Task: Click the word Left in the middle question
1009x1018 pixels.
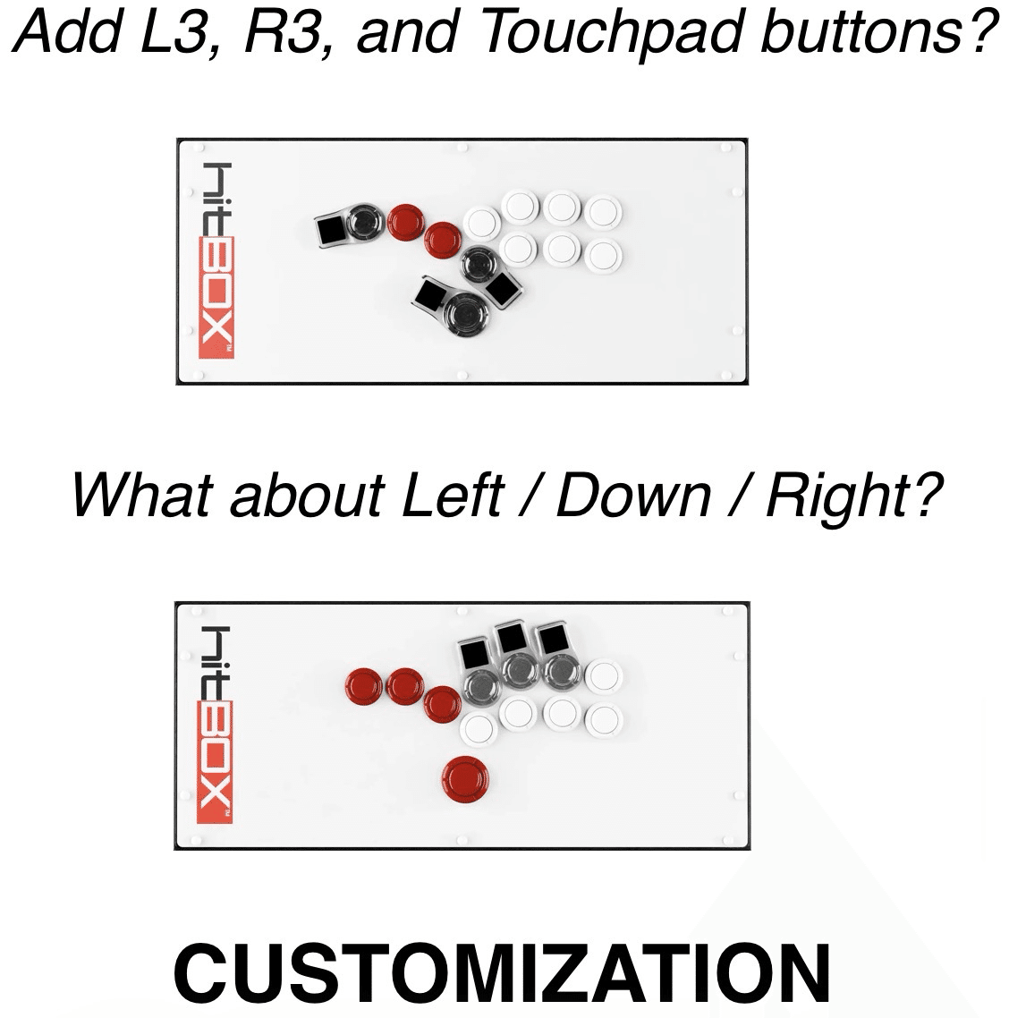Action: click(x=453, y=494)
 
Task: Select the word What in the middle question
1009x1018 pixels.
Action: click(x=143, y=494)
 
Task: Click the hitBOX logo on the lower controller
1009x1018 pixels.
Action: click(x=215, y=725)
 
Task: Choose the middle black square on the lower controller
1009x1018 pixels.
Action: click(x=512, y=638)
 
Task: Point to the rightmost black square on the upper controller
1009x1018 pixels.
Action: click(x=502, y=288)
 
